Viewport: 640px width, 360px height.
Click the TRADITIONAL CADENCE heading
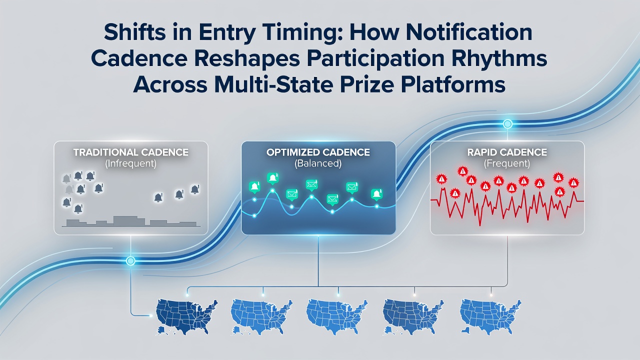[131, 152]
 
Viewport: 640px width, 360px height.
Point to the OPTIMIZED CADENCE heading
[318, 152]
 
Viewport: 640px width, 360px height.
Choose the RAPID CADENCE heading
[507, 152]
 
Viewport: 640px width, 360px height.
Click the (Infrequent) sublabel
[131, 163]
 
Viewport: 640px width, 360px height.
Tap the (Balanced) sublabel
[318, 163]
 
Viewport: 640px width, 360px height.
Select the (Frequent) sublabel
[507, 163]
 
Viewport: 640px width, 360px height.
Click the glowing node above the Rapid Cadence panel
[507, 124]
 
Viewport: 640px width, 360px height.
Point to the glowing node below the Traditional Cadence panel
[130, 260]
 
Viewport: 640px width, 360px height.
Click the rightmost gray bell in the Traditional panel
[195, 189]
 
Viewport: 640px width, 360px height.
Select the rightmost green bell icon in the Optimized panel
[377, 194]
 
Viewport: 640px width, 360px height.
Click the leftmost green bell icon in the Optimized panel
[254, 187]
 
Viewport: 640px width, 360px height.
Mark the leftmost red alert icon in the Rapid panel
[441, 179]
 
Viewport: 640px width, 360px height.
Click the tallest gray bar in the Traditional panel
[129, 221]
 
